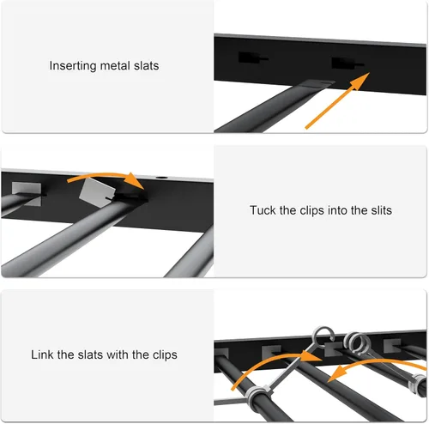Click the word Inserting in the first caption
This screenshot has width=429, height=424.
[x=73, y=66]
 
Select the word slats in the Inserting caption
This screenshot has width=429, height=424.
[x=147, y=66]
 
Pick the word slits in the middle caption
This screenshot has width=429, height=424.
[x=382, y=210]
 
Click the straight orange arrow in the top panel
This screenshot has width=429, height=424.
[x=337, y=100]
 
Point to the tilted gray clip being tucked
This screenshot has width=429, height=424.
[x=97, y=192]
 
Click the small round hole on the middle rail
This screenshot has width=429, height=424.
[x=162, y=178]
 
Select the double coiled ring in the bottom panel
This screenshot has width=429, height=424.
[x=357, y=342]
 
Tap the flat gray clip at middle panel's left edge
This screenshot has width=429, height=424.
[x=27, y=193]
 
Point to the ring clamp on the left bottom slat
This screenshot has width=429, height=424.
[x=258, y=397]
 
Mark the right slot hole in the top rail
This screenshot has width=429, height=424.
[x=346, y=64]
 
